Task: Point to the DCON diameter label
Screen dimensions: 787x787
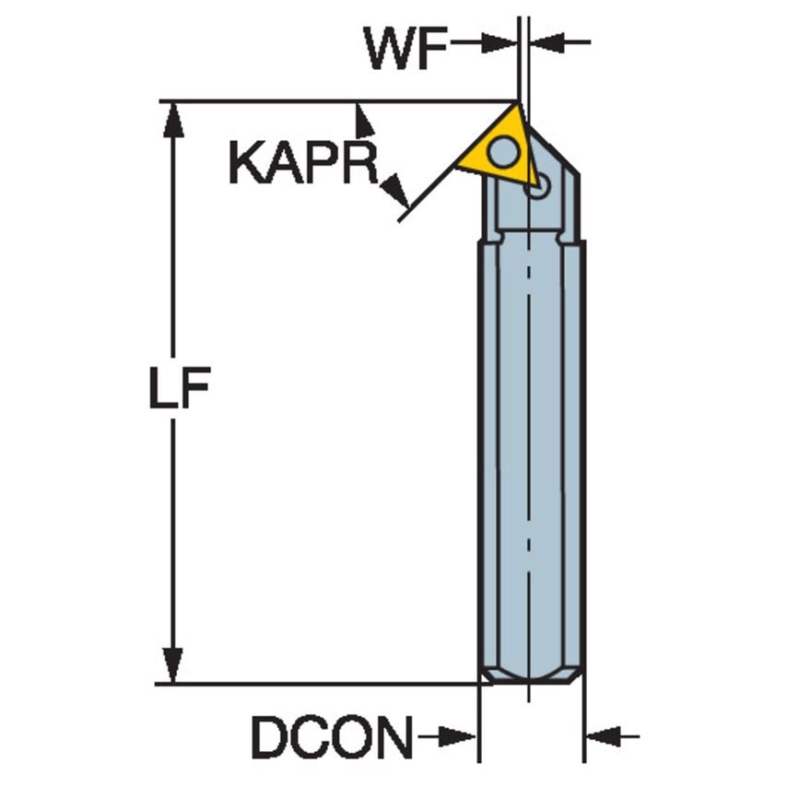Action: pos(333,737)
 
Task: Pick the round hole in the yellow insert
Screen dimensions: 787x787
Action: pos(503,149)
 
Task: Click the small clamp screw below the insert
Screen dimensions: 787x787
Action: pos(538,188)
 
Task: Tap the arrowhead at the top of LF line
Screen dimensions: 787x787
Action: pos(172,118)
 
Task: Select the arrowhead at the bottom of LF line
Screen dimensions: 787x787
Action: pos(172,665)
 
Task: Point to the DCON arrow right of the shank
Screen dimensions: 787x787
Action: pos(605,736)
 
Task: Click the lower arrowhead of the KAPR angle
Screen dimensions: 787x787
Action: pos(395,193)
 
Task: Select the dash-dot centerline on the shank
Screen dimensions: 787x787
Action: pos(530,415)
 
